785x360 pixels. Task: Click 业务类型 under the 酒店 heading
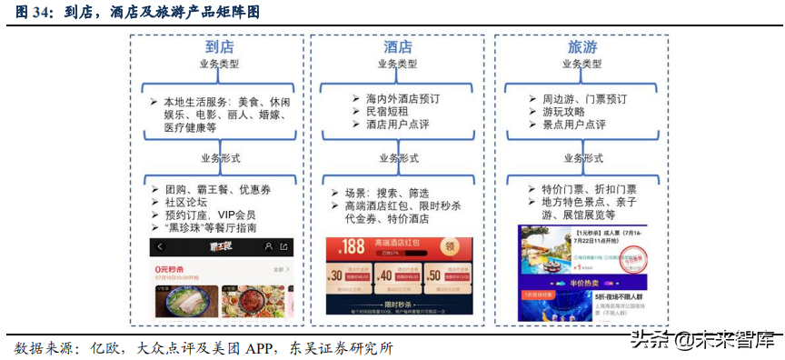398,65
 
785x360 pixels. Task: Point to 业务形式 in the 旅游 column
582,157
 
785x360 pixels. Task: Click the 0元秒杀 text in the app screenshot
172,270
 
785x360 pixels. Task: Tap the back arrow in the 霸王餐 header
161,246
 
